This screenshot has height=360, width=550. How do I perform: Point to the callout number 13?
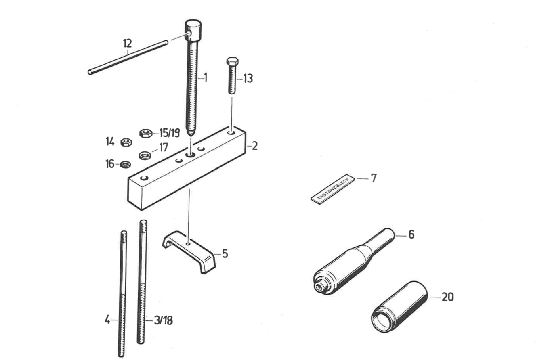pyautogui.click(x=247, y=79)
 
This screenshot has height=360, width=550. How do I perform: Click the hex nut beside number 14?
pyautogui.click(x=125, y=142)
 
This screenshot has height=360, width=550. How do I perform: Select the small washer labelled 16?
pyautogui.click(x=125, y=164)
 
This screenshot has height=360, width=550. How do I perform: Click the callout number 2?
pyautogui.click(x=254, y=146)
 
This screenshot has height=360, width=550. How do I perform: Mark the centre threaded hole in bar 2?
pyautogui.click(x=190, y=155)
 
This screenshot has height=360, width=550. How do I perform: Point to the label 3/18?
pyautogui.click(x=164, y=321)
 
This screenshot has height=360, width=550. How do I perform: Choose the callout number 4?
pyautogui.click(x=107, y=320)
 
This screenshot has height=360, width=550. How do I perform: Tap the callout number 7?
pyautogui.click(x=374, y=178)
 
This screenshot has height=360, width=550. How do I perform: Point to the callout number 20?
pyautogui.click(x=447, y=297)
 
